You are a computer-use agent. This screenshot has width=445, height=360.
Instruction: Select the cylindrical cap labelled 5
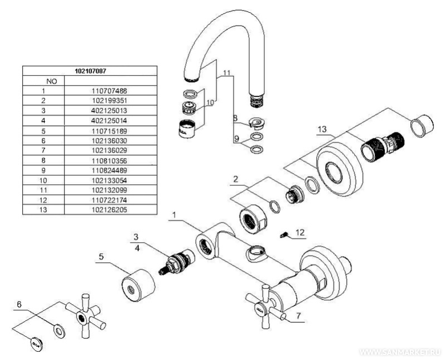[136, 285]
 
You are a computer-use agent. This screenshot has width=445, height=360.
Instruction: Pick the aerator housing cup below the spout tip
[188, 129]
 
